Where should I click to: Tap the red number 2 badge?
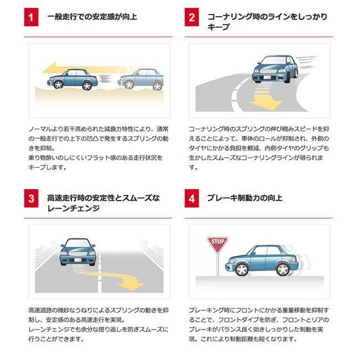click(192, 17)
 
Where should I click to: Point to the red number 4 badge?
click(192, 199)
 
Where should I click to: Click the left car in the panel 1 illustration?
click(72, 79)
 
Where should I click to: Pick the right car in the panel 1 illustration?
click(140, 79)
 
